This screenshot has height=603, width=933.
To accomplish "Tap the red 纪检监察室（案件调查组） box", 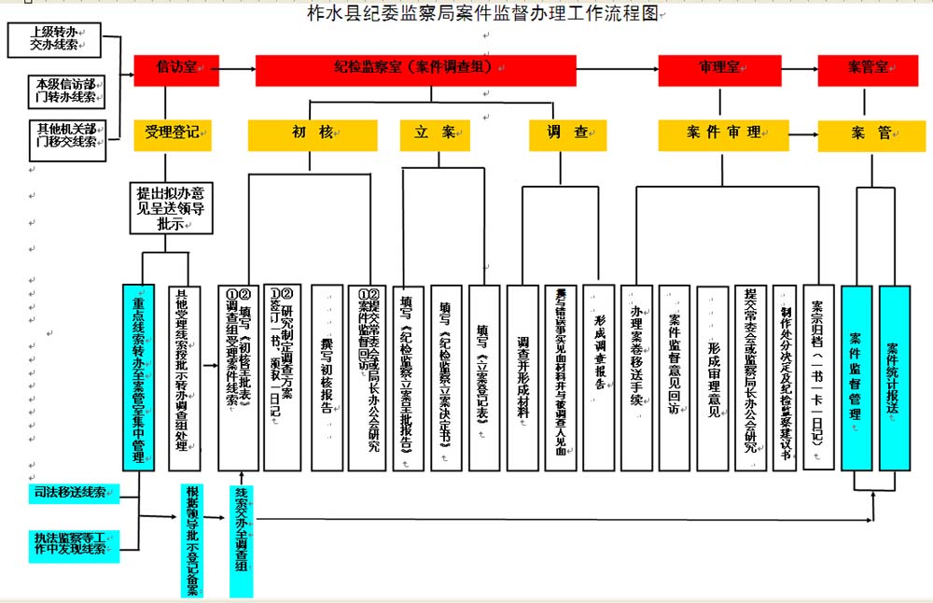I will (415, 69).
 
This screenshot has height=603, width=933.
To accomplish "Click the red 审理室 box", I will (719, 69).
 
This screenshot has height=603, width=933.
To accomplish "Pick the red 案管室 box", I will (869, 69).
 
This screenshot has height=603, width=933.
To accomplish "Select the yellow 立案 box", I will (435, 134).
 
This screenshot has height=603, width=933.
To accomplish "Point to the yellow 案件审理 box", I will (723, 134).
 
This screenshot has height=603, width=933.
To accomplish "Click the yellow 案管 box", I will (870, 134).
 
